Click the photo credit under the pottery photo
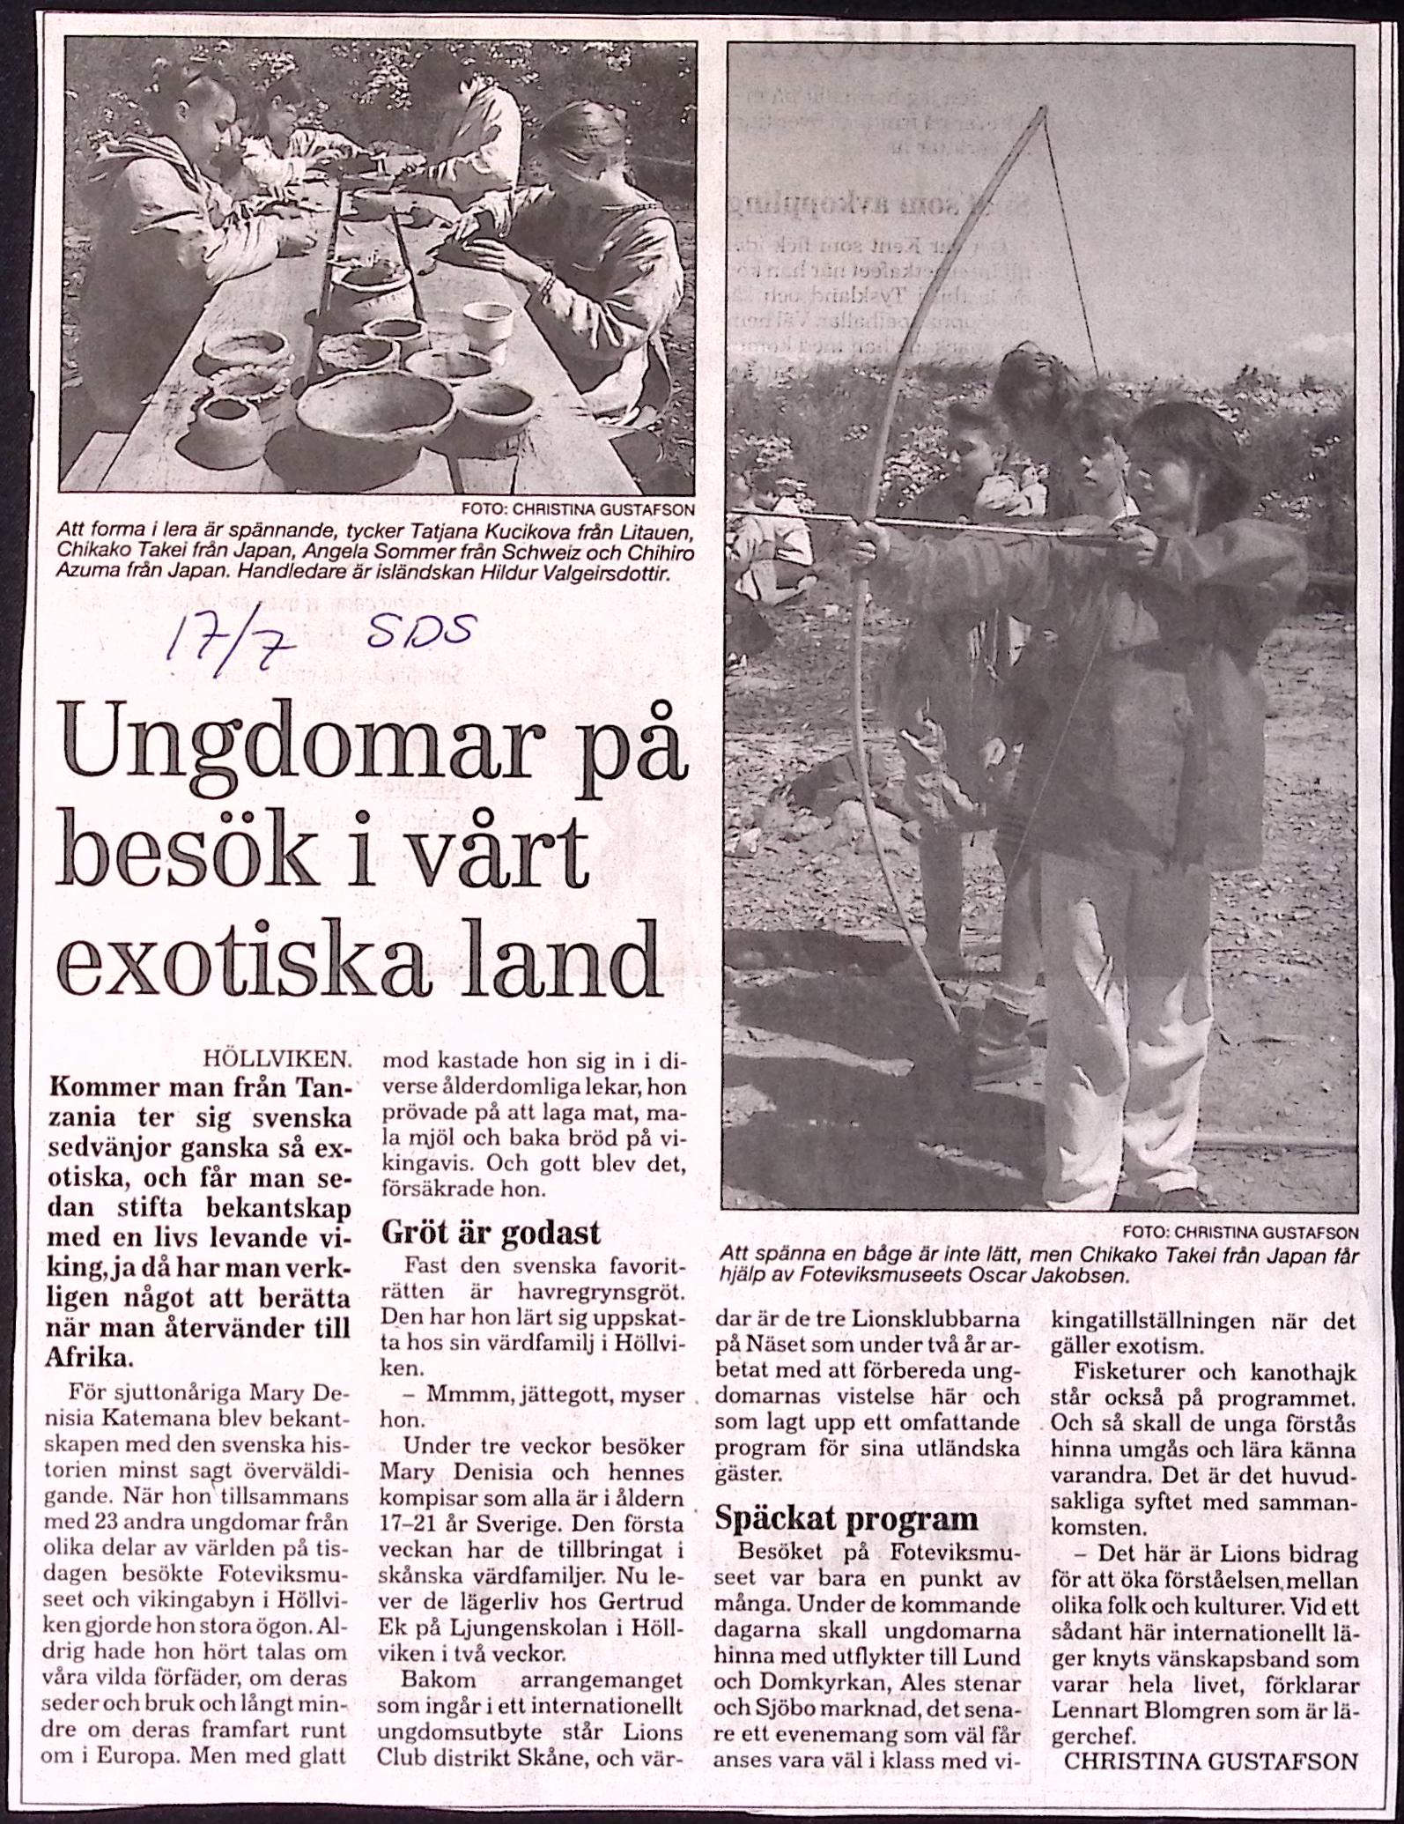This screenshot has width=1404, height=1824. pos(578,508)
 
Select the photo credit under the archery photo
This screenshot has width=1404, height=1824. pos(1241,1232)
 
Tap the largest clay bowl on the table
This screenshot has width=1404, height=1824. pos(374,411)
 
